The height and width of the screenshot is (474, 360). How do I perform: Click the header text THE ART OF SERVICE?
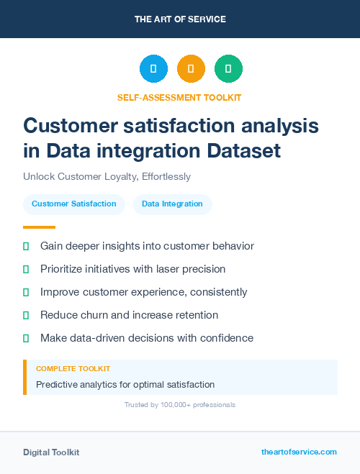point(180,19)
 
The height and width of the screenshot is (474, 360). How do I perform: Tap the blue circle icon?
point(153,68)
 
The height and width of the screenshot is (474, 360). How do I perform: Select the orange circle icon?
point(191,68)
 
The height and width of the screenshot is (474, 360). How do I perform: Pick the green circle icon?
point(228,68)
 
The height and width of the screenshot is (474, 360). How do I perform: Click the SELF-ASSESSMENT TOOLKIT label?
point(179,97)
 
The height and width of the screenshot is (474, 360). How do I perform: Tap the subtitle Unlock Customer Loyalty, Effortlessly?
point(107,176)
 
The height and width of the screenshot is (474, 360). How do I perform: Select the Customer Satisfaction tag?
point(74,204)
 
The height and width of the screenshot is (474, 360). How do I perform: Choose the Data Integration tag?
point(172,204)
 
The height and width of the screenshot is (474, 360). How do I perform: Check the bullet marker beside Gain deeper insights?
point(26,246)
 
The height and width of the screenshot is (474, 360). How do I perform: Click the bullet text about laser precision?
point(132,269)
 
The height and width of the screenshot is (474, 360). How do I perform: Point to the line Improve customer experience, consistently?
point(143,292)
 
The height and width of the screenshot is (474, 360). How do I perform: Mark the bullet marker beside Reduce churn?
point(26,315)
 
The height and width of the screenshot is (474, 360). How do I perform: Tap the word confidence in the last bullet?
point(228,337)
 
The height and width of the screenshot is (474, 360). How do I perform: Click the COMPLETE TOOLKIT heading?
point(73,368)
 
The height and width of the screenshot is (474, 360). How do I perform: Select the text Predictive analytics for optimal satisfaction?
point(125,384)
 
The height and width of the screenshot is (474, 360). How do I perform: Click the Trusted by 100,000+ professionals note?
point(180,405)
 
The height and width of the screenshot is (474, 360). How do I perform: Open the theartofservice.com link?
point(299,452)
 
